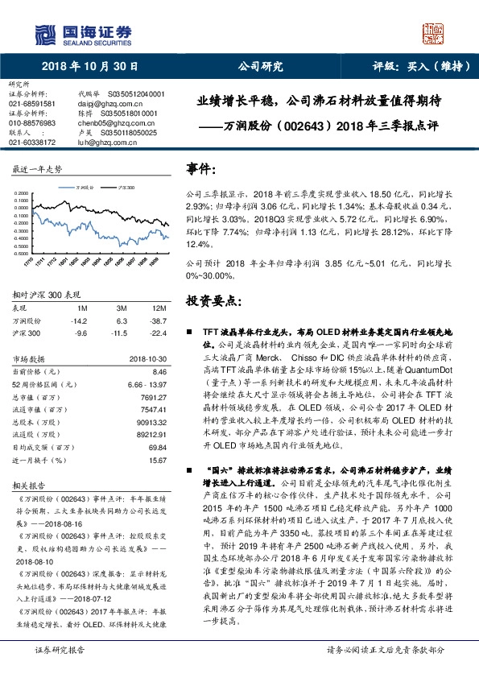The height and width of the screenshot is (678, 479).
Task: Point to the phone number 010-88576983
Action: pyautogui.click(x=32, y=122)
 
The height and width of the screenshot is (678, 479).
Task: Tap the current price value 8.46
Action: pyautogui.click(x=159, y=372)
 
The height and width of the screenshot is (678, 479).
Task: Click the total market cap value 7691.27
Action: pyautogui.click(x=153, y=397)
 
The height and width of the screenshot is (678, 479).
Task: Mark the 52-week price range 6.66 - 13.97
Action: pyautogui.click(x=146, y=385)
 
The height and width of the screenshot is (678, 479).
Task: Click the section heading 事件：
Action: pyautogui.click(x=202, y=170)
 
